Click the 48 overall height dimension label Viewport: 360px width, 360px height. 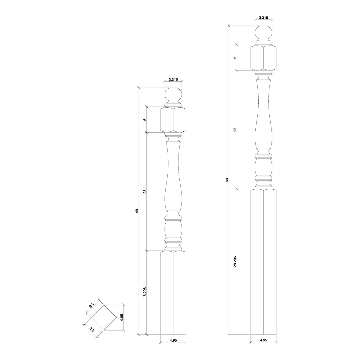tap(137, 211)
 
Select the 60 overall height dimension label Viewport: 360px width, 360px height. tap(227, 180)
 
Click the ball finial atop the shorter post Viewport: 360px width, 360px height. tap(173, 95)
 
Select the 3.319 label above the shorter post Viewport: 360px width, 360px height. tap(173, 79)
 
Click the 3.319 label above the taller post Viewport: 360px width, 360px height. tap(263, 18)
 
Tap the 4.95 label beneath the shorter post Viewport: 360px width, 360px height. tap(173, 349)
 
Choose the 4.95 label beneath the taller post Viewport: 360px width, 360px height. tap(263, 349)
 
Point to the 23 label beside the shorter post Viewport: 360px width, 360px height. tap(145, 191)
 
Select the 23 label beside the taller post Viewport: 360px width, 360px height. tap(235, 130)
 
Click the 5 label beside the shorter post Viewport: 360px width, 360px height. tap(145, 119)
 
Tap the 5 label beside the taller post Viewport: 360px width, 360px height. tap(235, 58)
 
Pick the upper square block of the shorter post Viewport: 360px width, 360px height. tap(173, 120)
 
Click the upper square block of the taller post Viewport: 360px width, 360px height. tap(263, 58)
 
